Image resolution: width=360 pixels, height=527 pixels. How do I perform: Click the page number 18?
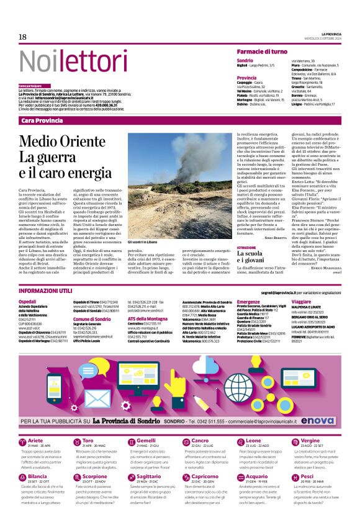pyautogui.click(x=22, y=37)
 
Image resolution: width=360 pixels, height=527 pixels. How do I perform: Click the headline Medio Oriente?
pyautogui.click(x=62, y=141)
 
